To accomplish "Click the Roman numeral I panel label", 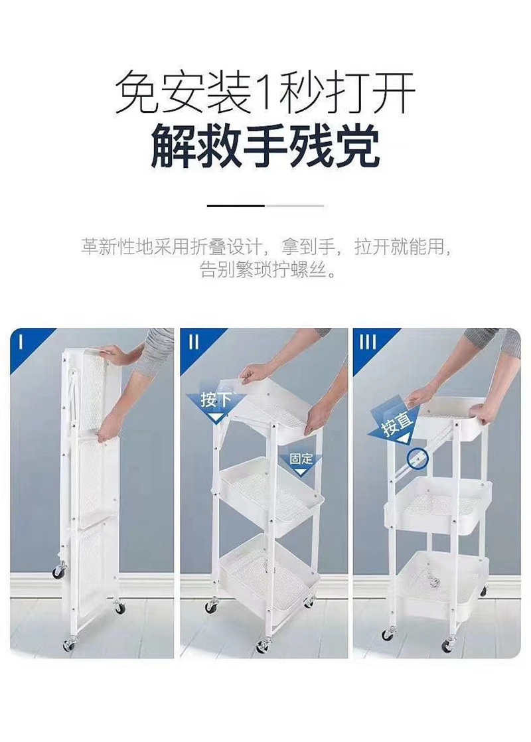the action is [x=21, y=342].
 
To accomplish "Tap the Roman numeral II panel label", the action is [x=194, y=342].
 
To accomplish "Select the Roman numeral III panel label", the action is [x=368, y=342].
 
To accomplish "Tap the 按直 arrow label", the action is [x=397, y=422].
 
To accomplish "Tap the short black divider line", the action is [x=236, y=206].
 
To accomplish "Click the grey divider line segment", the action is [x=295, y=206].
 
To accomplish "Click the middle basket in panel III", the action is [x=439, y=504].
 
